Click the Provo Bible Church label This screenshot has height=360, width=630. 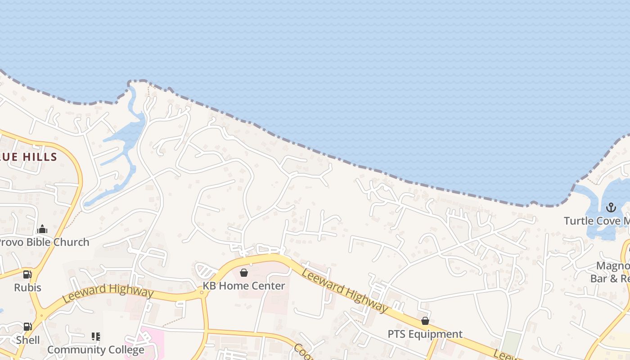[x=44, y=242]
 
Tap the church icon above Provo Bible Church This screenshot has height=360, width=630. [x=42, y=229]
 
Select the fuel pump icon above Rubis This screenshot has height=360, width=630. [x=27, y=274]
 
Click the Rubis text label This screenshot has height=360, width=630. [x=27, y=288]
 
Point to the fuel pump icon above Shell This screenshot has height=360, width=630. [x=27, y=327]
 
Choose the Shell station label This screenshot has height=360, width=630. [x=28, y=340]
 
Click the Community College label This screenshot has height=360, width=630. [x=96, y=350]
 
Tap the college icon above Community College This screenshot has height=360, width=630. [x=95, y=337]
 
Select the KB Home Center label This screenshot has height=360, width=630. [x=243, y=286]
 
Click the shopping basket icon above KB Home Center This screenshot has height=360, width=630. [x=244, y=273]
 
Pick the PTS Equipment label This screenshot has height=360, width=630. [x=425, y=334]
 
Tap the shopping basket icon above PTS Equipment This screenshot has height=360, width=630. [x=425, y=321]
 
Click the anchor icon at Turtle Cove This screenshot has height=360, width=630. [x=611, y=207]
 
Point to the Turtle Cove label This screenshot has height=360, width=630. [x=597, y=221]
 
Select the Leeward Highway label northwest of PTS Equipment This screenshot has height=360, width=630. [x=345, y=290]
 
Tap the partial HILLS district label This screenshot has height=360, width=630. [x=29, y=157]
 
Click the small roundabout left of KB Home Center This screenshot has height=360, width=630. [x=202, y=293]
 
